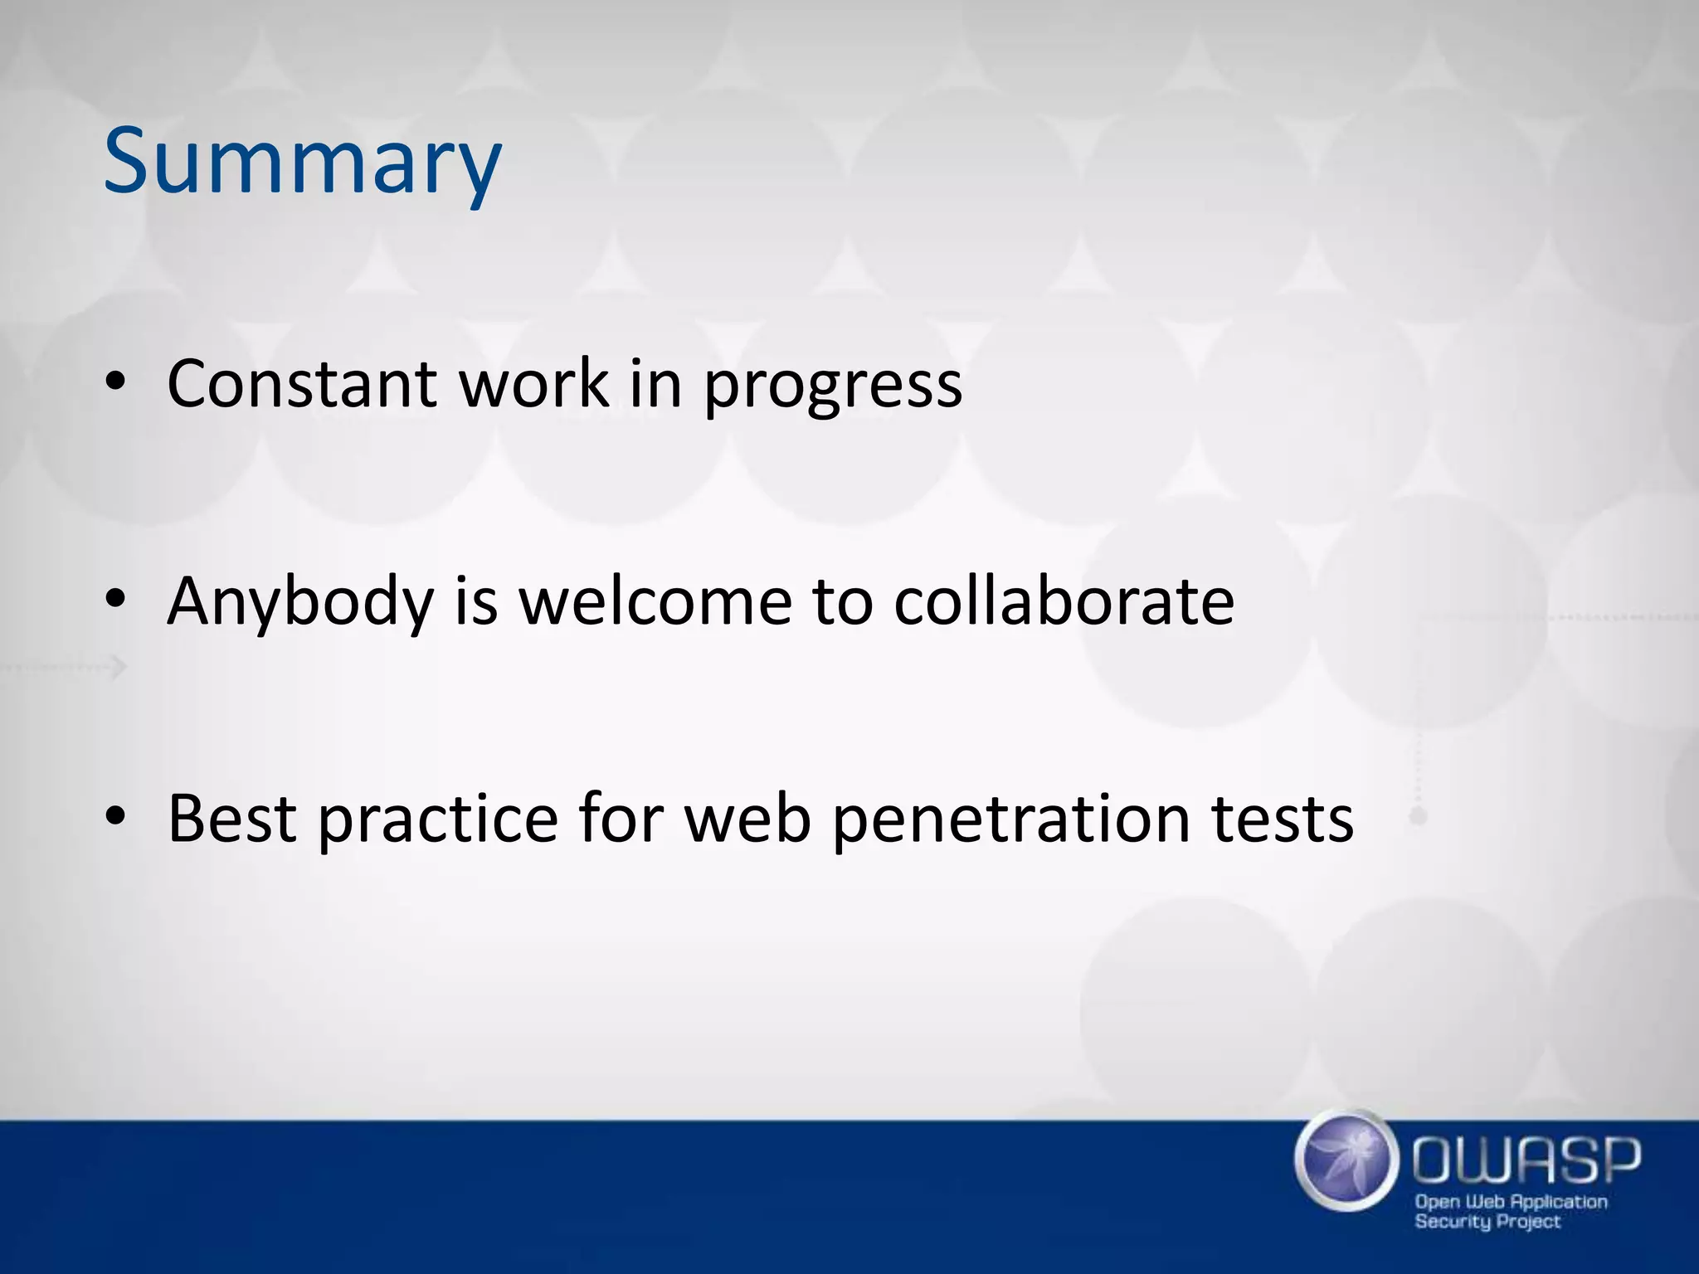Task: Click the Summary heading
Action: (302, 162)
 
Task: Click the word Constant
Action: (302, 383)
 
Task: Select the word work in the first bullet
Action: (534, 383)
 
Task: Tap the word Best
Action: (232, 819)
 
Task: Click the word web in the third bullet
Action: (747, 819)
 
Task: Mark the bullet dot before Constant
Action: (115, 382)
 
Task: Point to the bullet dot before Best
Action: (115, 818)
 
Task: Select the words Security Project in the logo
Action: (1487, 1221)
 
